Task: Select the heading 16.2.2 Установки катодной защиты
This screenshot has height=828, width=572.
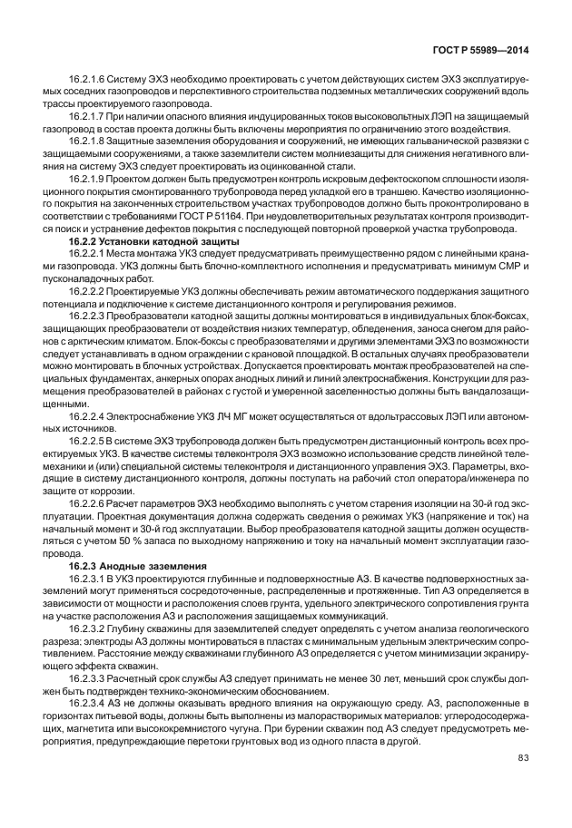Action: coord(154,242)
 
